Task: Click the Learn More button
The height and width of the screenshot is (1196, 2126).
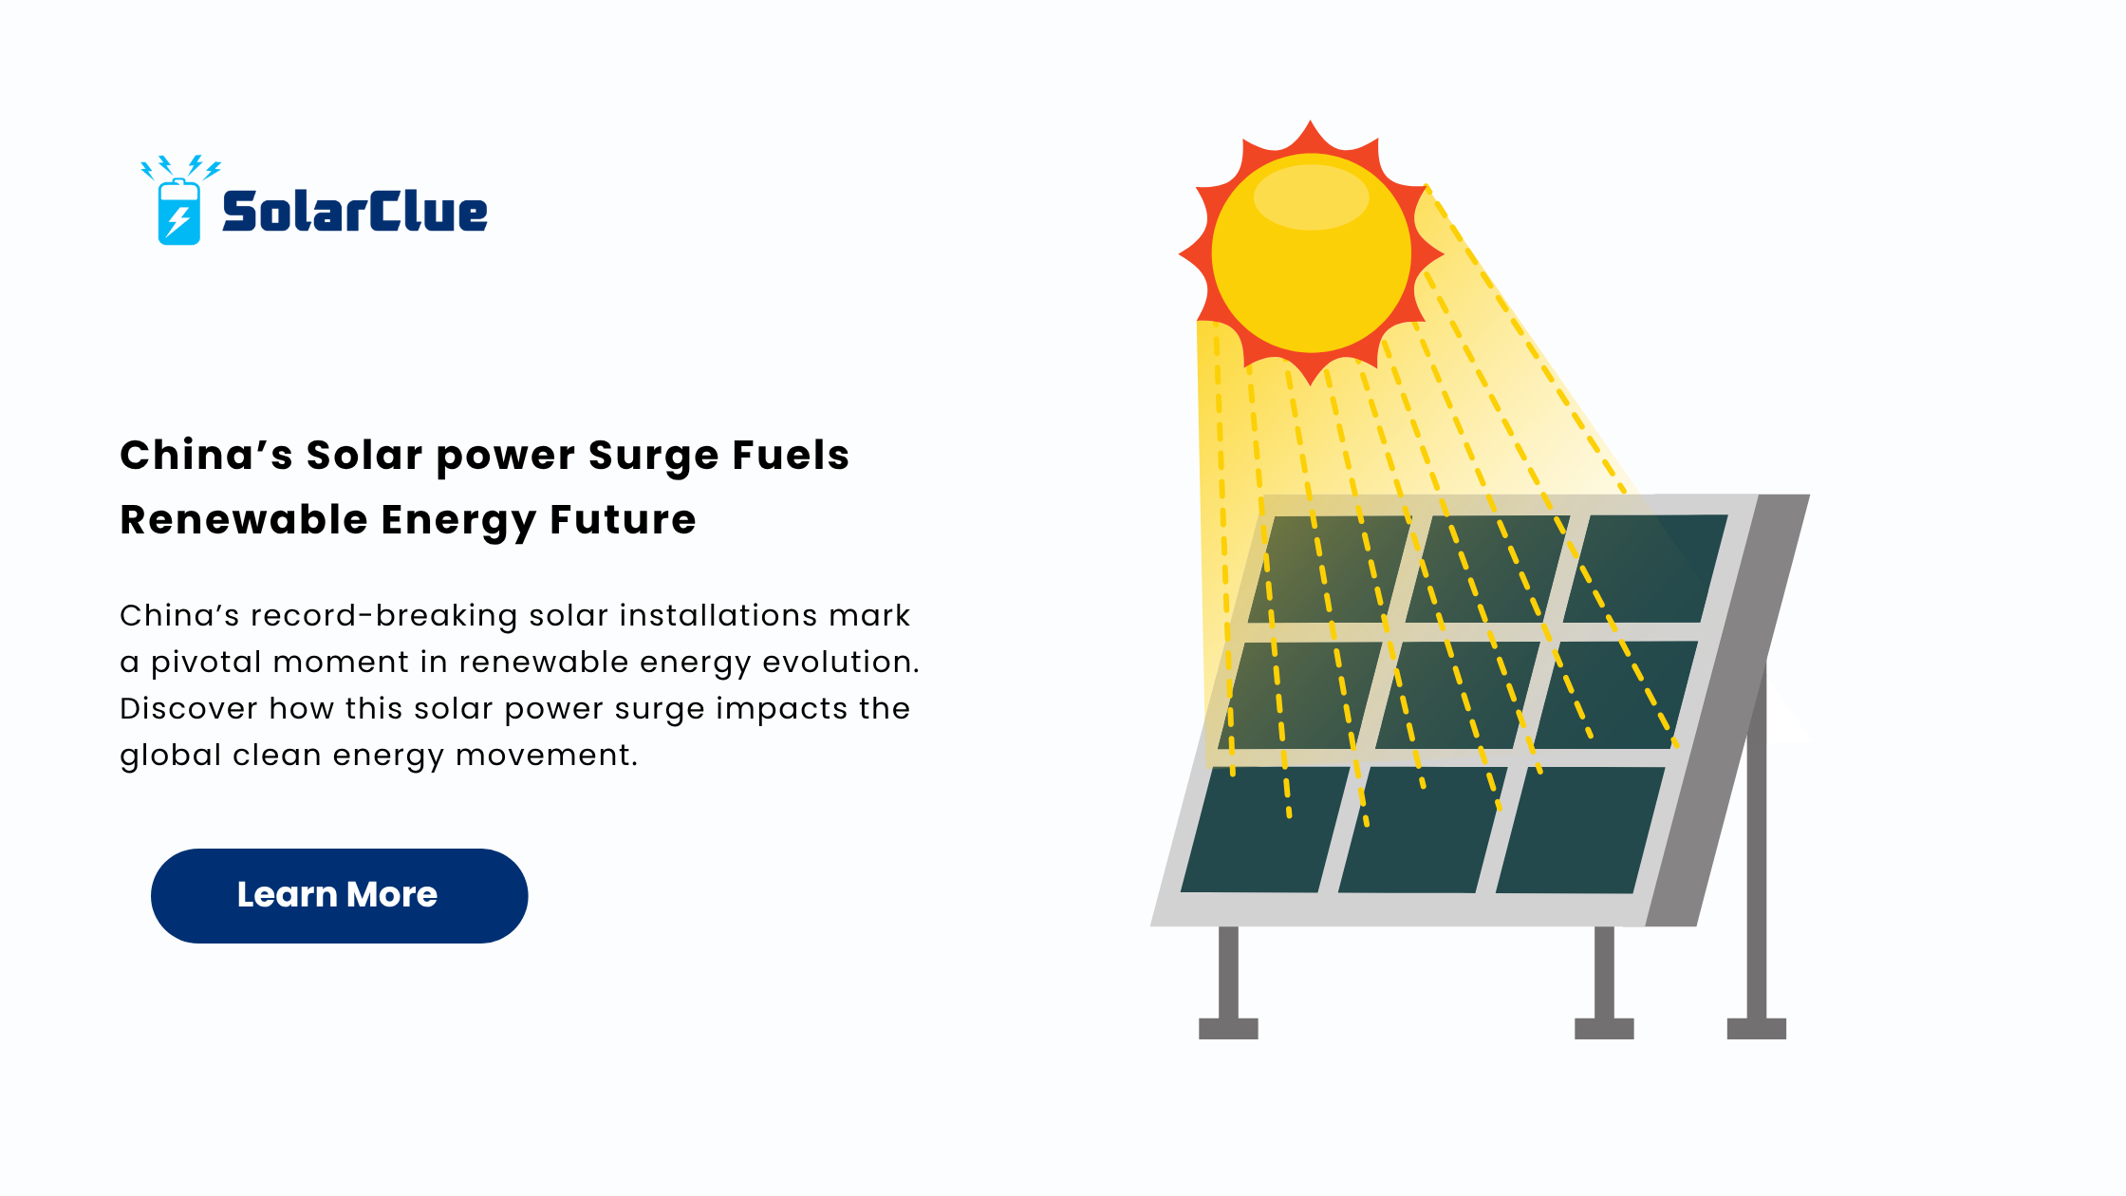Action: coord(339,895)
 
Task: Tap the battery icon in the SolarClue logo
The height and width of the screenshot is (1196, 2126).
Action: coord(179,213)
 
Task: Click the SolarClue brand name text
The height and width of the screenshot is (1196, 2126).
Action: coord(355,211)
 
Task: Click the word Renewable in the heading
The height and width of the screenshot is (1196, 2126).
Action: coord(244,519)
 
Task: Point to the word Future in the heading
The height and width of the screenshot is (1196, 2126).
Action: coord(623,519)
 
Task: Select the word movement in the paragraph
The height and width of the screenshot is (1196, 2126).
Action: coord(547,755)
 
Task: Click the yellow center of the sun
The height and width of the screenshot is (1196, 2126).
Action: coord(1312,253)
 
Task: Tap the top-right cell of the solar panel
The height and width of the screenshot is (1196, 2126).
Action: coord(1646,569)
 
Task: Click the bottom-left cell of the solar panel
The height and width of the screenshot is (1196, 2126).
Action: coord(1265,830)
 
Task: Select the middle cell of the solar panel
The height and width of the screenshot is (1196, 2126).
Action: coord(1457,695)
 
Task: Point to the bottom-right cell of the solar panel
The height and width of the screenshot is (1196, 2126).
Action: coord(1580,830)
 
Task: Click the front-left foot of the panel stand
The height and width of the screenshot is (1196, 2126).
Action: coord(1228,1029)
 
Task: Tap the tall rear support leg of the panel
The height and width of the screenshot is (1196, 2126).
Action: coord(1757,845)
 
